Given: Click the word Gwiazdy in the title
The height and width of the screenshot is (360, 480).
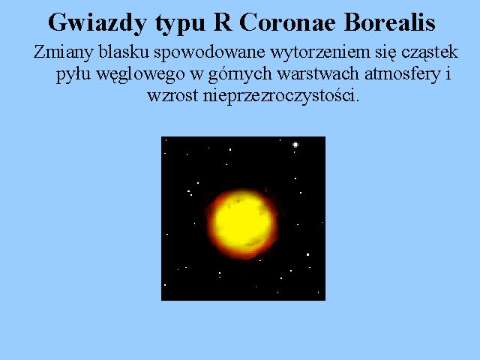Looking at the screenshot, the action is point(97,23).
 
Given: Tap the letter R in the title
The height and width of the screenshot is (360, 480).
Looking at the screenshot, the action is point(223,22).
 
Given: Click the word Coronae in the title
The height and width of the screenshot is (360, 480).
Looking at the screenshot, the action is point(287,22).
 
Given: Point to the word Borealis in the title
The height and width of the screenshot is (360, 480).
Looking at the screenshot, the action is point(389,22).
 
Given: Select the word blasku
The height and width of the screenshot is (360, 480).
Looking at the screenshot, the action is point(124,52).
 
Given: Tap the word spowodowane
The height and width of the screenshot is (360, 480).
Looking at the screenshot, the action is point(209,53).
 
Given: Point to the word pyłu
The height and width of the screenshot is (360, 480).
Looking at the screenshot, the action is point(73,75).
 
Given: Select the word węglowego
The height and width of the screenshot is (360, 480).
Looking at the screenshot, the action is point(140,75).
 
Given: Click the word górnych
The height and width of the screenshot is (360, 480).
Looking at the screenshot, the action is point(240,75).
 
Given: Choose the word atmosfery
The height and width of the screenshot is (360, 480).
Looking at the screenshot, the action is point(403,75).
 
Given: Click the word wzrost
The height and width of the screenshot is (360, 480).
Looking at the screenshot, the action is point(172,96).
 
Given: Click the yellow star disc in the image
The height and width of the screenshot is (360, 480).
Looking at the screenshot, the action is point(242,223).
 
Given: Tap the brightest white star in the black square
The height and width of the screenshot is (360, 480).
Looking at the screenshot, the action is point(295,145).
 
